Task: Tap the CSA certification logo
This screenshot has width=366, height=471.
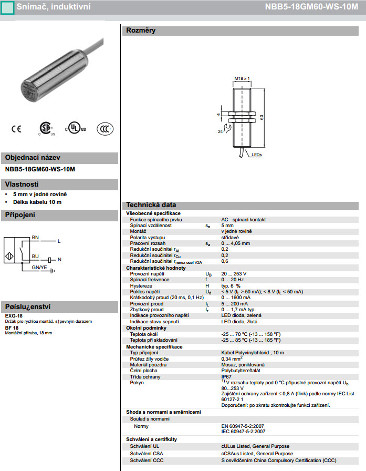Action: [x=46, y=129]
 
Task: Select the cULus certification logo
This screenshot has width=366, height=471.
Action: [x=75, y=129]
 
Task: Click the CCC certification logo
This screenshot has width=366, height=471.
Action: [x=105, y=129]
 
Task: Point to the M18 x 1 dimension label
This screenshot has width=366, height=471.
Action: [x=241, y=78]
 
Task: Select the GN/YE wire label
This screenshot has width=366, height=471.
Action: [x=39, y=268]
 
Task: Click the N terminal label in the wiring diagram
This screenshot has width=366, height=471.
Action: [x=59, y=259]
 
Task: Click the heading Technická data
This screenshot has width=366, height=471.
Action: [x=150, y=205]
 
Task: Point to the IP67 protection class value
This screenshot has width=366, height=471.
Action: [x=226, y=376]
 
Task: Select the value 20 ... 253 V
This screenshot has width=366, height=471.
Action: [x=234, y=274]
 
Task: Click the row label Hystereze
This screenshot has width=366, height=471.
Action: [x=142, y=285]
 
